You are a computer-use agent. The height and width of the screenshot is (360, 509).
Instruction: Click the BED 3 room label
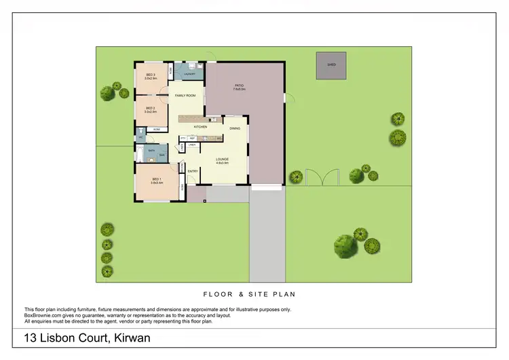pyautogui.click(x=151, y=75)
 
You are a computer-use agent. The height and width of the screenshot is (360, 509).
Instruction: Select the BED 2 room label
pyautogui.click(x=151, y=108)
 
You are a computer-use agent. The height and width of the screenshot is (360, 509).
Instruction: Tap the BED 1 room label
pyautogui.click(x=150, y=178)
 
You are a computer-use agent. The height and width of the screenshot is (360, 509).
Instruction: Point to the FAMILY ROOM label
pyautogui.click(x=185, y=96)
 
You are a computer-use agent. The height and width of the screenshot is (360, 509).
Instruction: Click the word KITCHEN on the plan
pyautogui.click(x=200, y=127)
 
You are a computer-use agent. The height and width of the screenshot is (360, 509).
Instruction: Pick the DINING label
pyautogui.click(x=235, y=128)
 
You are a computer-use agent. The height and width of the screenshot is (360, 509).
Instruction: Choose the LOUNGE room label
pyautogui.click(x=222, y=159)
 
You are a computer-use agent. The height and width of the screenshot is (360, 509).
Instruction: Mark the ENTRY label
pyautogui.click(x=193, y=171)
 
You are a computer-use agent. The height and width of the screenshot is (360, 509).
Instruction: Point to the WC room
pyautogui.click(x=140, y=137)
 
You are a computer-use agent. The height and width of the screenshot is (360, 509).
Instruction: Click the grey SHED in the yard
pyautogui.click(x=331, y=65)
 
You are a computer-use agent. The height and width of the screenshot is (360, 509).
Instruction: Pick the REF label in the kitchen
pyautogui.click(x=192, y=139)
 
